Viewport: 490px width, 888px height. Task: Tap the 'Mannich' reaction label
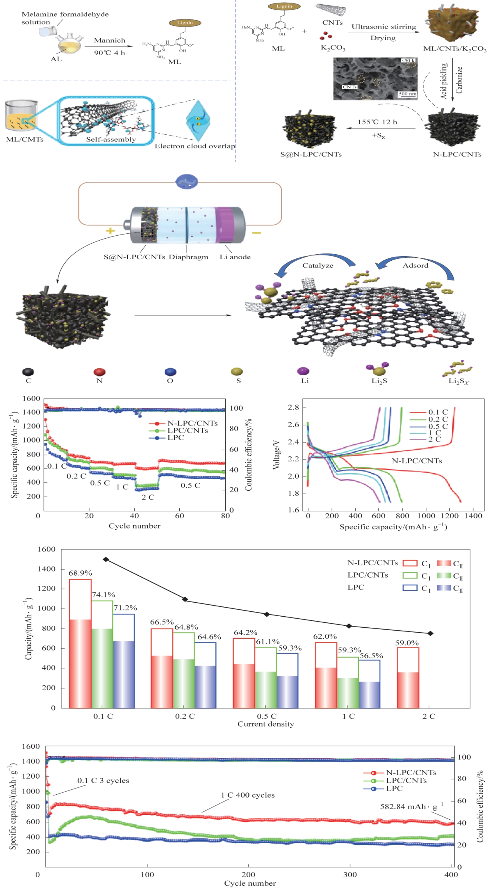[110, 40]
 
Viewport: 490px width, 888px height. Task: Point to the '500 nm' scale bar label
[407, 94]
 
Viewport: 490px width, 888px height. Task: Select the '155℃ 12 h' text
[377, 122]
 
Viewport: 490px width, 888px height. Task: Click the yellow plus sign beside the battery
[110, 230]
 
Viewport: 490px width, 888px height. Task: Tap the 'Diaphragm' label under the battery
[188, 257]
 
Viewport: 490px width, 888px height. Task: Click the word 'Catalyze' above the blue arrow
[318, 266]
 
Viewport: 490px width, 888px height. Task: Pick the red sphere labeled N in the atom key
[99, 372]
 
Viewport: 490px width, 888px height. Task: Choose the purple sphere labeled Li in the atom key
[303, 371]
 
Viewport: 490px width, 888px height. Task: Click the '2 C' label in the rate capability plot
[148, 497]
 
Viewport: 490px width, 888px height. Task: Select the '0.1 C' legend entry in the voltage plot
[438, 412]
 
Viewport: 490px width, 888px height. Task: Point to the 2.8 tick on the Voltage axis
[293, 407]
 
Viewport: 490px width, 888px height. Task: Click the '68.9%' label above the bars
[80, 573]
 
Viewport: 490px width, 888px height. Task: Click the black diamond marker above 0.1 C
[106, 559]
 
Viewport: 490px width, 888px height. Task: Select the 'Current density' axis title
[265, 724]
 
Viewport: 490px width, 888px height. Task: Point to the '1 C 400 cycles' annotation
[248, 795]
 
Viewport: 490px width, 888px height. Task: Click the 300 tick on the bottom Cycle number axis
[350, 874]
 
